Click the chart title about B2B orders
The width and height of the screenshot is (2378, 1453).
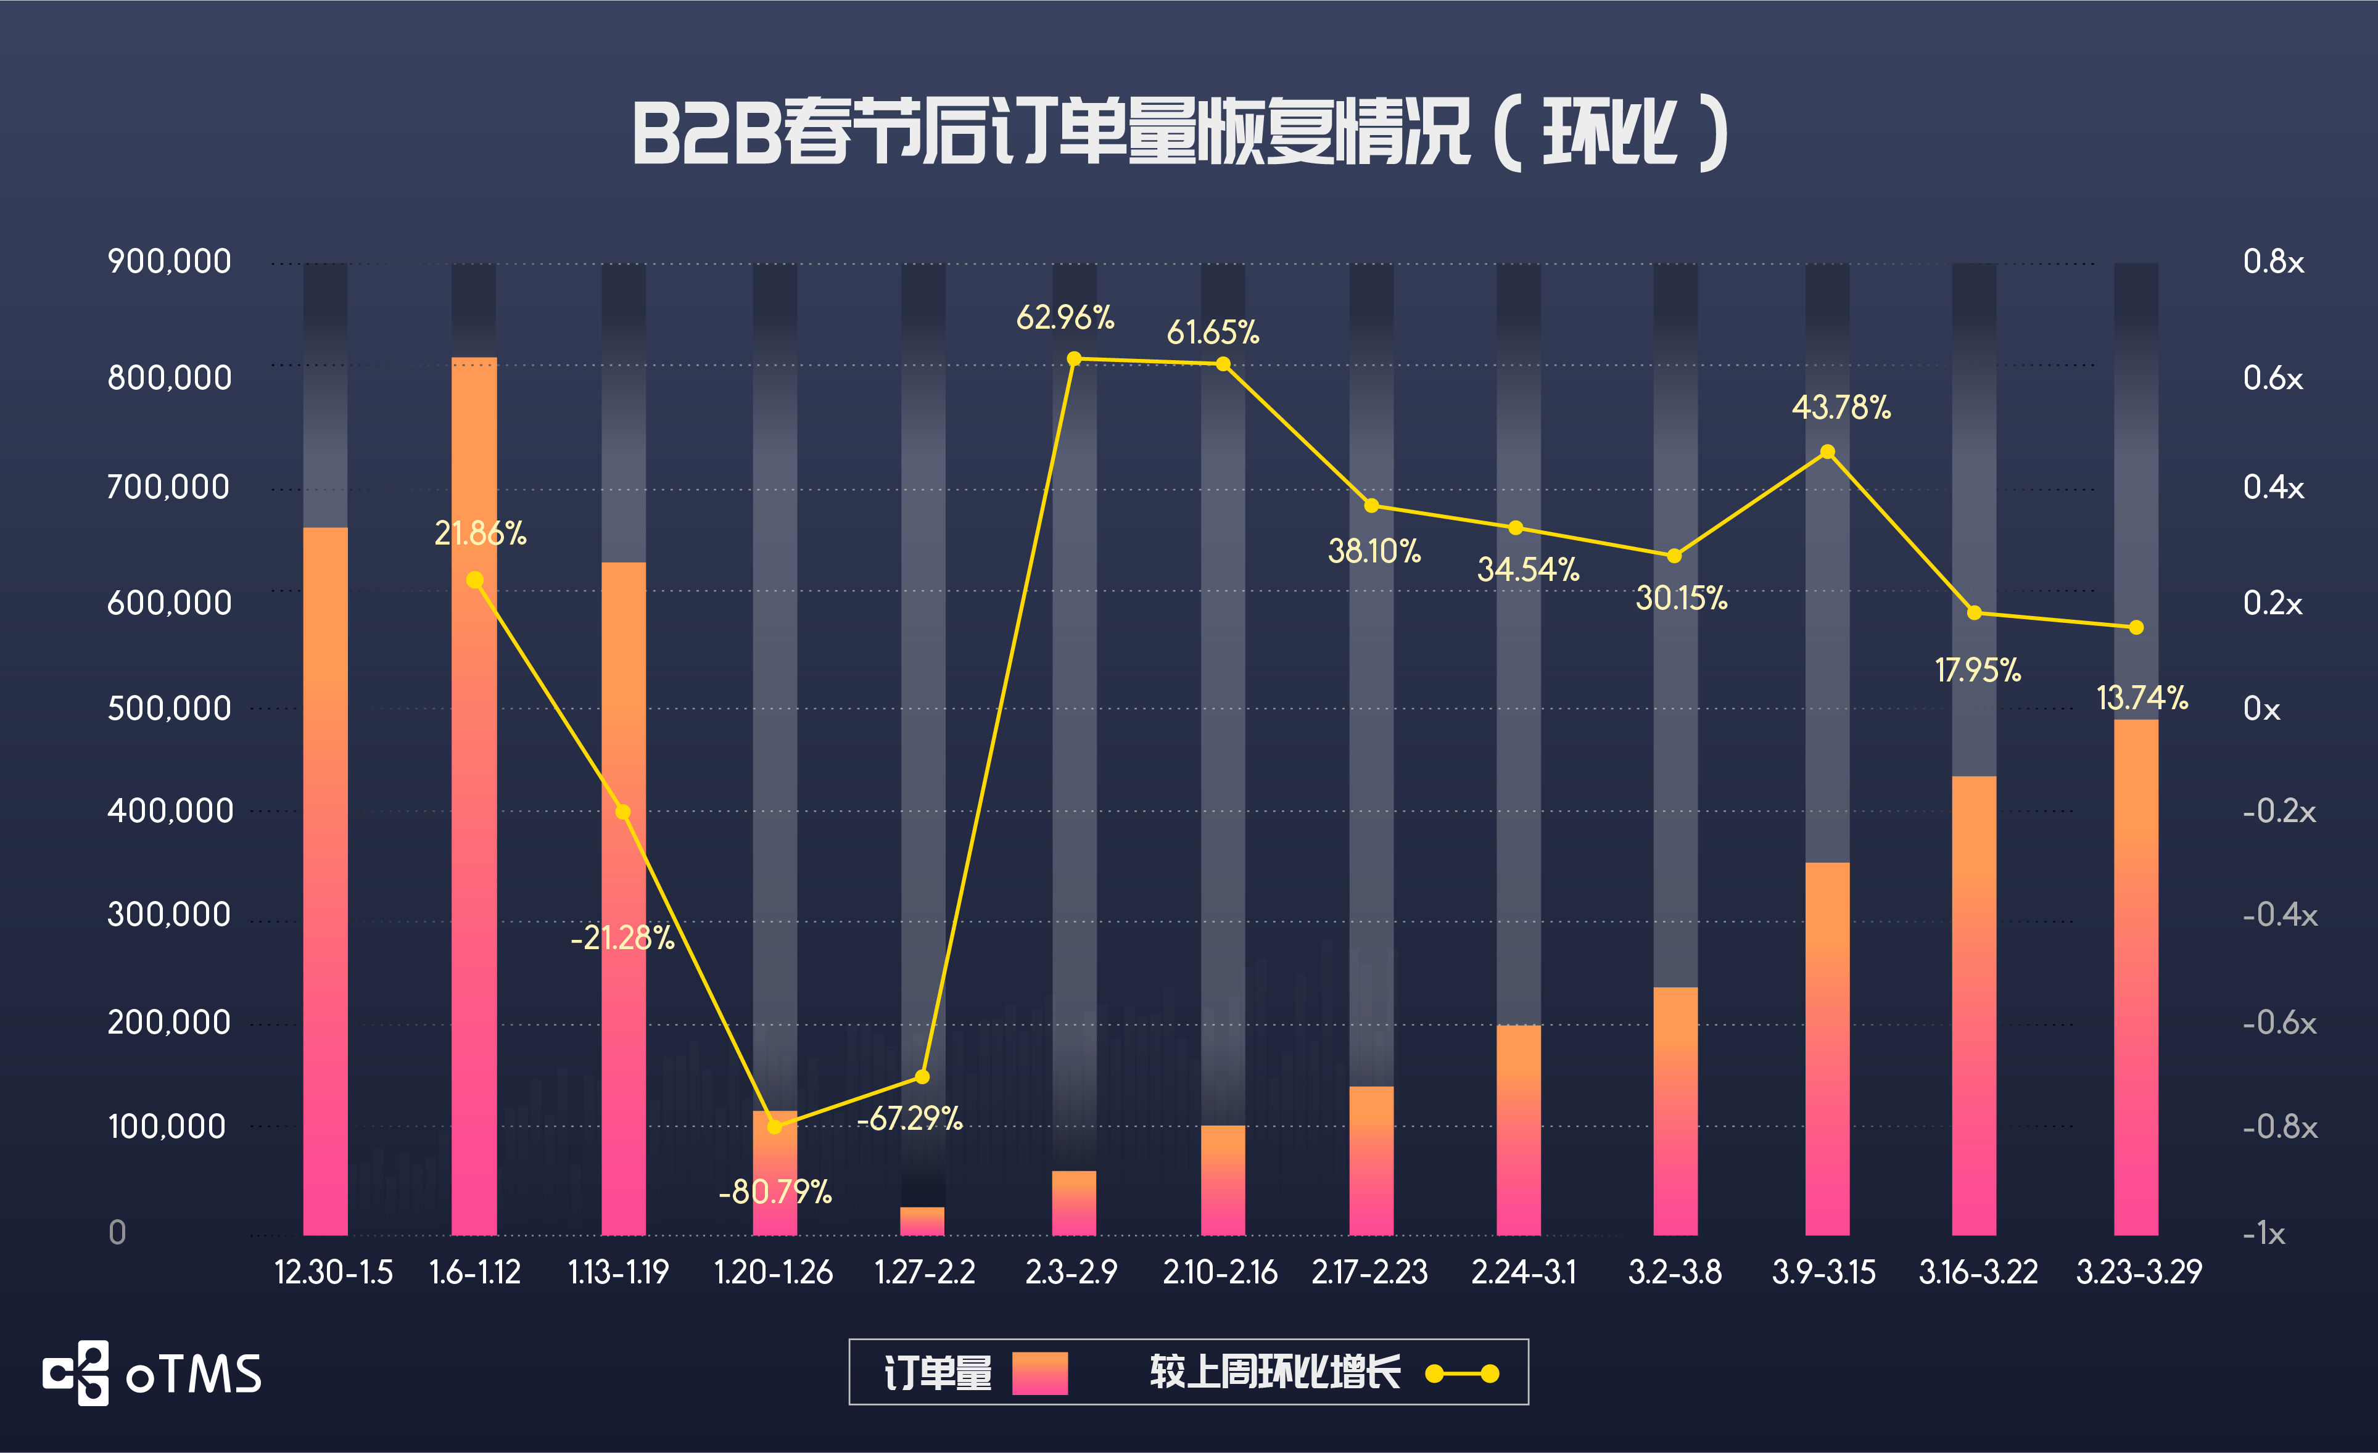click(1179, 133)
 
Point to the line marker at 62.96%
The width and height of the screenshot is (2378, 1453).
click(1073, 359)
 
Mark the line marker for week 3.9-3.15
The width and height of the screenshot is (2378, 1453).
click(1827, 451)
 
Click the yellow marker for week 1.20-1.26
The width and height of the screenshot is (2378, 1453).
click(774, 1126)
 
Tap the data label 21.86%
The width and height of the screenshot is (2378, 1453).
click(480, 533)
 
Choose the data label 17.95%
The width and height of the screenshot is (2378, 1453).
click(1978, 670)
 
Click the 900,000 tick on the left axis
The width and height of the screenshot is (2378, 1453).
click(169, 261)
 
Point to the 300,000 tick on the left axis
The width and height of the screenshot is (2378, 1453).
click(169, 913)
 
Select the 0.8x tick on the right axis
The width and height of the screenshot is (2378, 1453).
click(2273, 261)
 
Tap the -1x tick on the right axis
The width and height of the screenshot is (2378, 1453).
click(2263, 1233)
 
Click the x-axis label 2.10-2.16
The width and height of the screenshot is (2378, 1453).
click(1220, 1272)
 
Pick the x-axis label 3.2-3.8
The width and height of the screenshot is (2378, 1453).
click(1674, 1272)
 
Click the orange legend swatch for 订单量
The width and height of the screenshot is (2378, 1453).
click(1039, 1373)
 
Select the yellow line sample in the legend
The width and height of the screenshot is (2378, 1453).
click(1462, 1373)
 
